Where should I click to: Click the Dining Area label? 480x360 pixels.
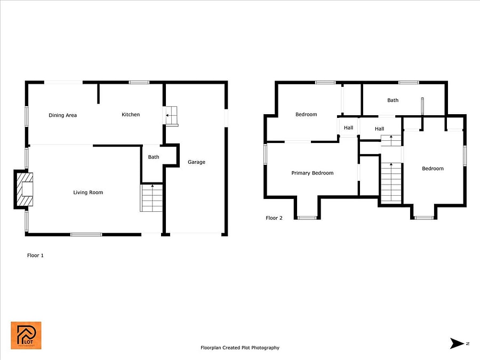coord(63,115)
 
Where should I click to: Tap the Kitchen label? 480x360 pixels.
coord(131,115)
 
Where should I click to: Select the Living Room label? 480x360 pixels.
coord(88,193)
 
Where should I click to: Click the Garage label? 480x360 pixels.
coord(196,162)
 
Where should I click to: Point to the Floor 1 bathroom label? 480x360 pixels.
coord(154,157)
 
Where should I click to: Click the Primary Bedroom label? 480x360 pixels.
coord(313,173)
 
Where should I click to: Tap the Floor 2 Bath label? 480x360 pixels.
coord(393,100)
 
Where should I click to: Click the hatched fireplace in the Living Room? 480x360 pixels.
coord(25,189)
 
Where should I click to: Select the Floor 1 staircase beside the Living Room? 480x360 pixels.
coord(151,198)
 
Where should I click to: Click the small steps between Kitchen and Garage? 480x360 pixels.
coord(171,116)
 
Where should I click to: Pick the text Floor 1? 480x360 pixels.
coord(36,255)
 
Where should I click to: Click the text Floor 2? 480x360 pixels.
coord(274,218)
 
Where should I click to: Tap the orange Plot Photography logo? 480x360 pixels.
coord(26,335)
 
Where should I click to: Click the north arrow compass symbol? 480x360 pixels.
coord(458,343)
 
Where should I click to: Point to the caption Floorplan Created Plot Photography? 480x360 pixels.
coord(240,348)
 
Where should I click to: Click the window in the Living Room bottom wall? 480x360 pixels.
coord(86,235)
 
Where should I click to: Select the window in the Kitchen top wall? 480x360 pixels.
coord(139,82)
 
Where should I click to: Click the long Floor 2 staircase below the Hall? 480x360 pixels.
coord(391,182)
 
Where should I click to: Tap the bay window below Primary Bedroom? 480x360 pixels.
coord(307,218)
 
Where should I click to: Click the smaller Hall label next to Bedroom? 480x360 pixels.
coord(348,127)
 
